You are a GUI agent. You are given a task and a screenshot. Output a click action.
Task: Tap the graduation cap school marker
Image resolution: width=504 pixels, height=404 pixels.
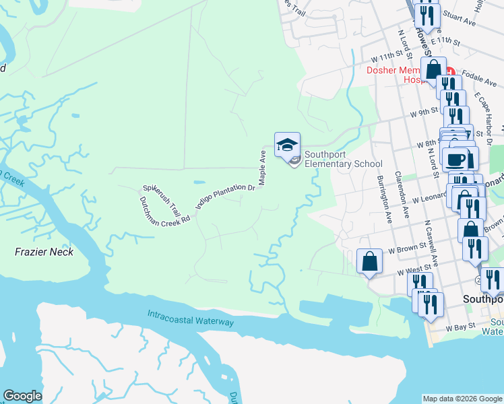click(x=287, y=144)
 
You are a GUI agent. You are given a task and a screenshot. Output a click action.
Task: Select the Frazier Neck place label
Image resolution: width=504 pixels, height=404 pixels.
click(x=44, y=252)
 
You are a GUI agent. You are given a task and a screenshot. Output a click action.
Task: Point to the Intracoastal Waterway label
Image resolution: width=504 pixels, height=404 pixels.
click(x=191, y=318)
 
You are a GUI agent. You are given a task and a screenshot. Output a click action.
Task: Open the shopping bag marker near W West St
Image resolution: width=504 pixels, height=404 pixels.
click(x=370, y=261)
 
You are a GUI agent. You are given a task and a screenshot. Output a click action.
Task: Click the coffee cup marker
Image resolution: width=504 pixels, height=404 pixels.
click(x=456, y=159)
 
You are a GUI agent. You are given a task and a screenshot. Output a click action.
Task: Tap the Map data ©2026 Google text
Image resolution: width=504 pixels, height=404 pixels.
click(x=462, y=399)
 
